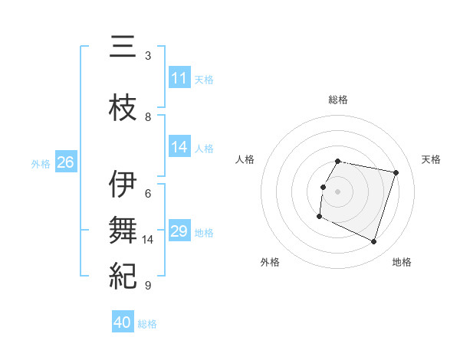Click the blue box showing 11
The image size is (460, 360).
pos(179,78)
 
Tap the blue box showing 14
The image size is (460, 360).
pos(179,147)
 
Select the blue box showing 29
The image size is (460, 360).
pos(179,231)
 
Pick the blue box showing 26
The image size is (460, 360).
pos(65,162)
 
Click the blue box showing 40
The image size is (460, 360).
pos(123,322)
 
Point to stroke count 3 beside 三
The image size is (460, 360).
pos(148,56)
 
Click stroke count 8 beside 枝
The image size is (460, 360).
pos(148,117)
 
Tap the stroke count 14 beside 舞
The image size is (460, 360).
pos(148,240)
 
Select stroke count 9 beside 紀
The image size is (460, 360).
pos(148,286)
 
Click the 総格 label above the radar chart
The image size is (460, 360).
pos(337,100)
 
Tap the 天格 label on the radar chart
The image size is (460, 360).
pos(431,159)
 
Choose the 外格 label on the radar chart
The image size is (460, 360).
pos(269,262)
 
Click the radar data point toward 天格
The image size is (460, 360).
pos(396,172)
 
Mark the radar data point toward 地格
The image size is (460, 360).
pos(373,242)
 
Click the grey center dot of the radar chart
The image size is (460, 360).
pos(337,191)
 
